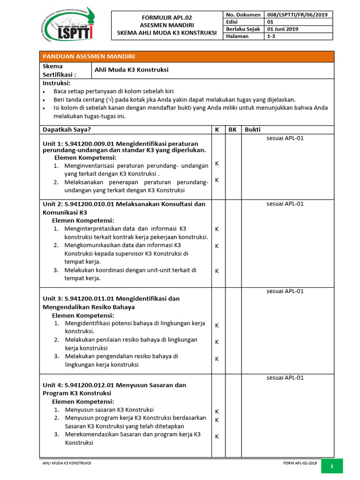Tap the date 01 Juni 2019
pyautogui.click(x=283, y=29)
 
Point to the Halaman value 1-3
pyautogui.click(x=270, y=36)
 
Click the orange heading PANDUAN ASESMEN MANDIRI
pyautogui.click(x=89, y=56)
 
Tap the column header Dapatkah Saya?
pyautogui.click(x=67, y=129)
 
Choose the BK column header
pyautogui.click(x=232, y=129)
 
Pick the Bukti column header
pyautogui.click(x=253, y=129)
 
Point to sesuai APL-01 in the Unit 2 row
pyautogui.click(x=285, y=204)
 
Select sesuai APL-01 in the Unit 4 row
pyautogui.click(x=285, y=378)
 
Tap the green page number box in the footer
pyautogui.click(x=331, y=466)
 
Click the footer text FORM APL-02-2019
pyautogui.click(x=300, y=463)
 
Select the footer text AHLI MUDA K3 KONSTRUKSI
pyautogui.click(x=67, y=463)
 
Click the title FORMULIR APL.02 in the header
pyautogui.click(x=167, y=17)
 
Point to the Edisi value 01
pyautogui.click(x=270, y=22)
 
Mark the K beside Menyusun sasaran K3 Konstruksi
pyautogui.click(x=217, y=412)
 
